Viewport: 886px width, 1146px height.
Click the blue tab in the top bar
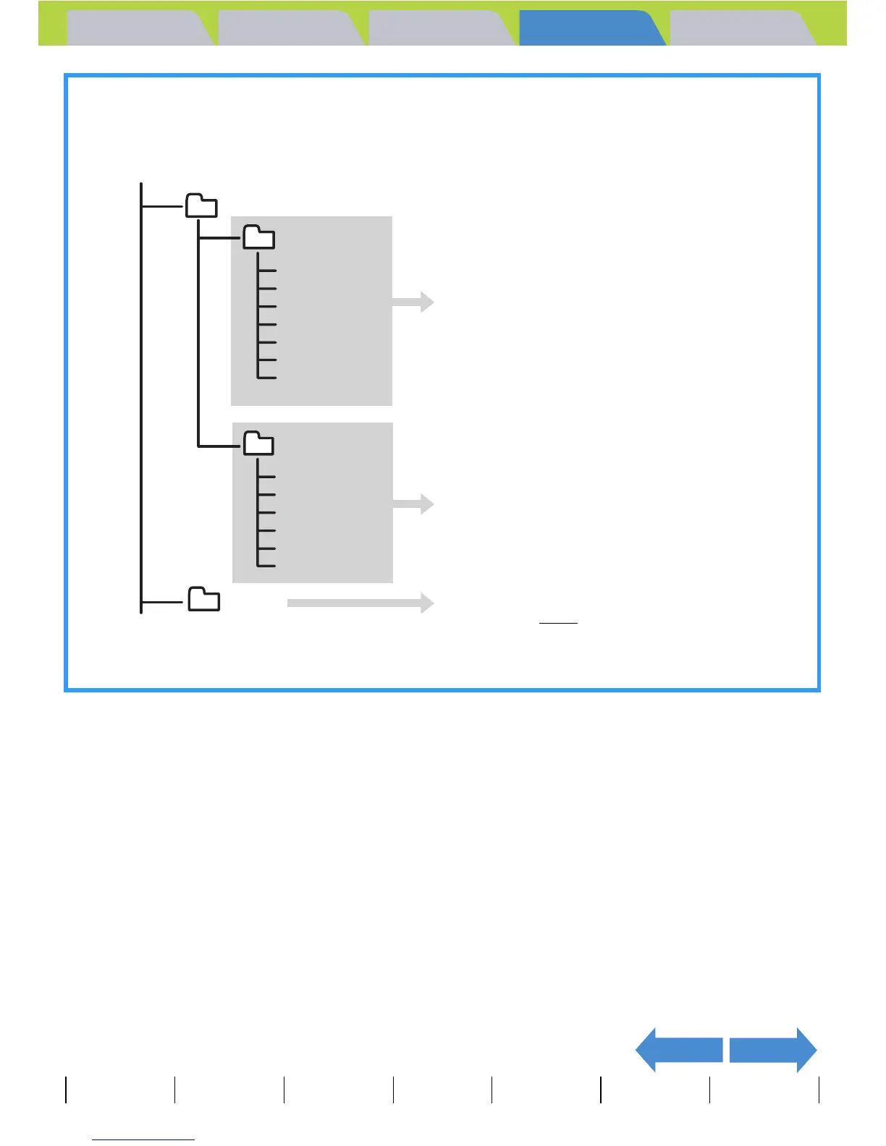pos(590,29)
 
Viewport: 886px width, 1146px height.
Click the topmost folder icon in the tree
pos(201,206)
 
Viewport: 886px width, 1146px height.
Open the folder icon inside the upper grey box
pos(258,237)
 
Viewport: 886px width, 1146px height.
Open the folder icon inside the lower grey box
pos(258,443)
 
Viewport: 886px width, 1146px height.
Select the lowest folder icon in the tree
pos(204,599)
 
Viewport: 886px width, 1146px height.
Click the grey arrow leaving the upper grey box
pos(413,302)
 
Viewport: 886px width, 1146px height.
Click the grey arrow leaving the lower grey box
pos(413,504)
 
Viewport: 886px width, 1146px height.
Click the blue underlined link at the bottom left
pos(143,1139)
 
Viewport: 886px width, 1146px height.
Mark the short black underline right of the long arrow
pos(558,622)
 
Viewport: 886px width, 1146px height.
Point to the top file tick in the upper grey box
pos(268,271)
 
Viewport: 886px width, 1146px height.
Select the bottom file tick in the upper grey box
pos(268,377)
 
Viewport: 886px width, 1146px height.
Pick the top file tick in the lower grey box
pos(268,476)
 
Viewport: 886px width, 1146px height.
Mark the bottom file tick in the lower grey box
pos(268,565)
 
